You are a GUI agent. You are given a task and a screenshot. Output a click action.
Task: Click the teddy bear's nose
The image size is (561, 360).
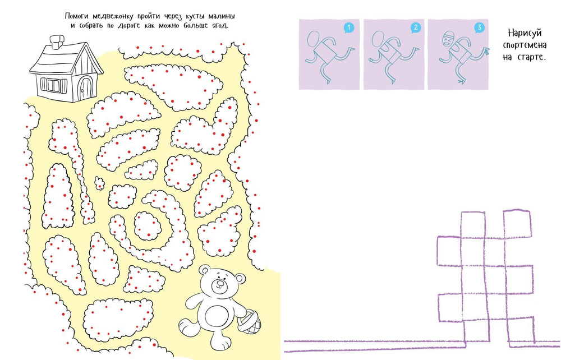[x=220, y=284]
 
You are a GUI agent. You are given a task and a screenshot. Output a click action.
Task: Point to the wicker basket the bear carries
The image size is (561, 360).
[x=249, y=322]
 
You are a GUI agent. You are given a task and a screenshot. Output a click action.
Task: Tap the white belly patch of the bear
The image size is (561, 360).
[x=215, y=316]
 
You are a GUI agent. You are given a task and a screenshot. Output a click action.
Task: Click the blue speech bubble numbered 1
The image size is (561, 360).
[x=348, y=28]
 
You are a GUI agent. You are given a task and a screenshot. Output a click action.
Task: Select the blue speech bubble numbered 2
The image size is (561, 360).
[x=415, y=28]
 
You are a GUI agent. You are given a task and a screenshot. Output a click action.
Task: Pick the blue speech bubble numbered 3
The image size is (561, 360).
[x=480, y=28]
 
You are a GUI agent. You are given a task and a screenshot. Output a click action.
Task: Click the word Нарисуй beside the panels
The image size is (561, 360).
[x=525, y=33]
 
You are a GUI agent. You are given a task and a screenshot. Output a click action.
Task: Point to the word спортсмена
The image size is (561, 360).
[x=525, y=45]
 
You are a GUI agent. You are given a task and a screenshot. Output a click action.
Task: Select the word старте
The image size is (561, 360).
[x=532, y=57]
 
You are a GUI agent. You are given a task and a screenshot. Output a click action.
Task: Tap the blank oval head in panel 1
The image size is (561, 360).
[x=314, y=39]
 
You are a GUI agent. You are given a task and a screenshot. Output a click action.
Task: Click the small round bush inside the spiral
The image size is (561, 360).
[x=148, y=225]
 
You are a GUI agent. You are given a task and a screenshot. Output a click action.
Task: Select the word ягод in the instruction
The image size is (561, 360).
[x=217, y=26]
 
